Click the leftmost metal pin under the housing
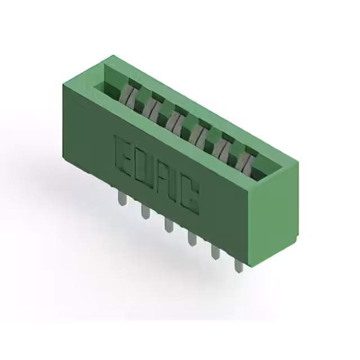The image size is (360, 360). pyautogui.click(x=122, y=199)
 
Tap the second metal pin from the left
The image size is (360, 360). pyautogui.click(x=146, y=211)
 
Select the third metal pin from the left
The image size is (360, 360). pyautogui.click(x=169, y=225)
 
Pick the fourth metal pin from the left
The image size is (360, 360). pyautogui.click(x=192, y=238)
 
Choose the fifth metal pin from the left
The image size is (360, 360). pyautogui.click(x=215, y=252)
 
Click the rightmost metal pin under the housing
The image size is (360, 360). pyautogui.click(x=238, y=265)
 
